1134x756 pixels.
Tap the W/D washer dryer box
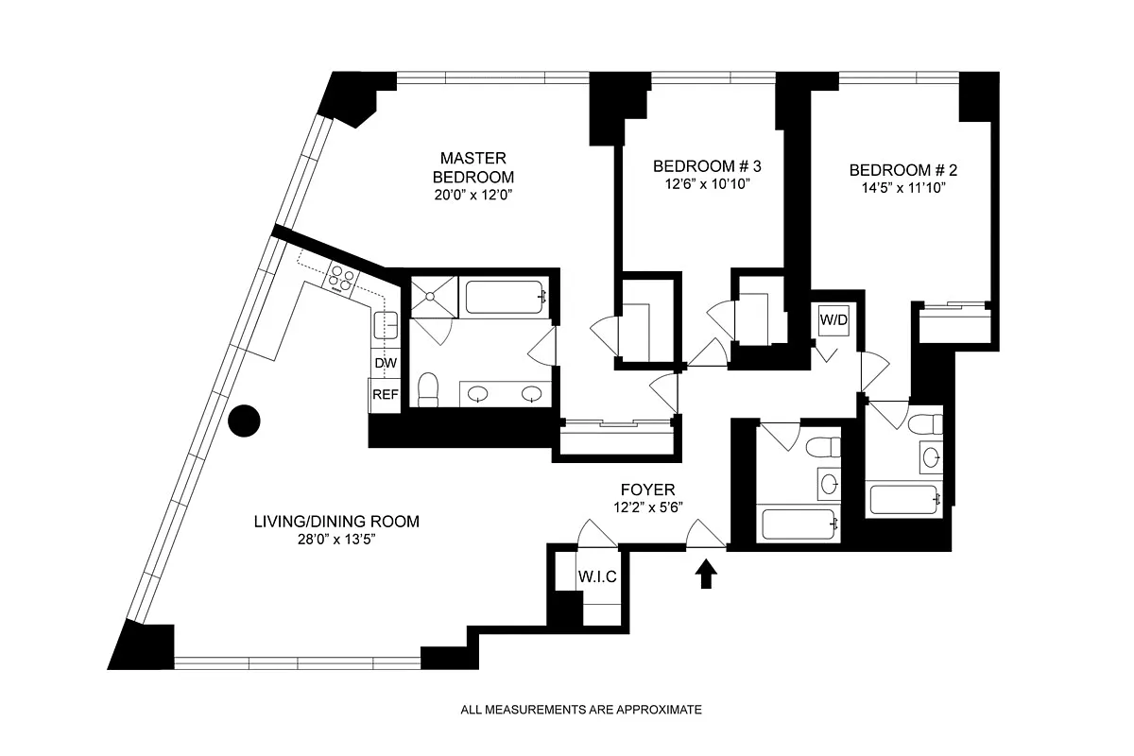(833, 321)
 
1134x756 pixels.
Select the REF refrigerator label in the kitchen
(385, 394)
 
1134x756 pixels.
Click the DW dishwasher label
(385, 363)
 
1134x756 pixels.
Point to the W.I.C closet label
(597, 577)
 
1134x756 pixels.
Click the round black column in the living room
(246, 421)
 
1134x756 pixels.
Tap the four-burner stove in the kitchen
(342, 279)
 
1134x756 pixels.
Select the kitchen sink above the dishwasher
(385, 325)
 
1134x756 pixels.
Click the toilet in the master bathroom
(428, 389)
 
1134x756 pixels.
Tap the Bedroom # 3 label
(707, 167)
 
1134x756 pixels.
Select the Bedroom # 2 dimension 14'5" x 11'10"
(902, 188)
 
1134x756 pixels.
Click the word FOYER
(647, 490)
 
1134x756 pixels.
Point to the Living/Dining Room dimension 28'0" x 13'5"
(335, 540)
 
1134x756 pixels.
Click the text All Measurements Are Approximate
(581, 709)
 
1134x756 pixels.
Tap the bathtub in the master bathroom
(506, 297)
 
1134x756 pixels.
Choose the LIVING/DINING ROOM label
(335, 522)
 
